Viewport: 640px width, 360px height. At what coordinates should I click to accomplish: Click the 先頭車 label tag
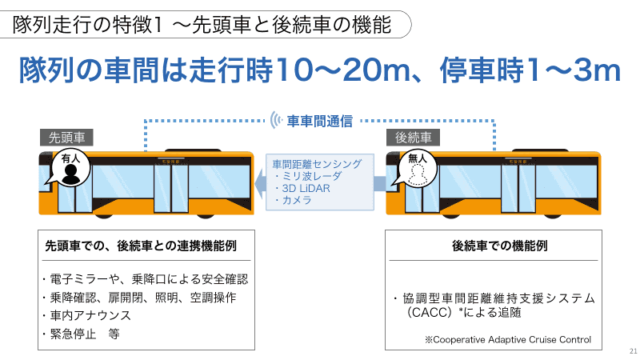(66, 138)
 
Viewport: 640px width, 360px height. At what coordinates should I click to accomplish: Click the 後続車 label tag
(413, 138)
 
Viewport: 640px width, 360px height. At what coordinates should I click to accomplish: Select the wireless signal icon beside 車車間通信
(276, 121)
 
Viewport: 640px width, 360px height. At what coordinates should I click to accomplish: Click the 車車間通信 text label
(319, 122)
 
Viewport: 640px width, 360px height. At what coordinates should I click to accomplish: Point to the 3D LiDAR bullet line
(303, 189)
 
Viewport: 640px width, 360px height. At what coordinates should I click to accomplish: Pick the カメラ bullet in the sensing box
(293, 200)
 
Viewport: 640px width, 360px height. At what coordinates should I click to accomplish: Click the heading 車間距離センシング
(317, 164)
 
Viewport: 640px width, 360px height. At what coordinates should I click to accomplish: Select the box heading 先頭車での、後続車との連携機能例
(141, 246)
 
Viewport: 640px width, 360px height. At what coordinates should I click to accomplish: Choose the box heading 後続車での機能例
(499, 246)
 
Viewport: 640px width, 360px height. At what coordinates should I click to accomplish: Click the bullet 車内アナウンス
(86, 315)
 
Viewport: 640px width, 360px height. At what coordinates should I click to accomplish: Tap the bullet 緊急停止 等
(81, 334)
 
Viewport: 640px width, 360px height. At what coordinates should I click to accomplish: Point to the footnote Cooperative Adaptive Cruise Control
(508, 339)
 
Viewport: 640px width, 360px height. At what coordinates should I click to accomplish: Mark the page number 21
(633, 351)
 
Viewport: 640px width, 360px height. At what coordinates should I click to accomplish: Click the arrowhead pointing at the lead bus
(260, 183)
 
